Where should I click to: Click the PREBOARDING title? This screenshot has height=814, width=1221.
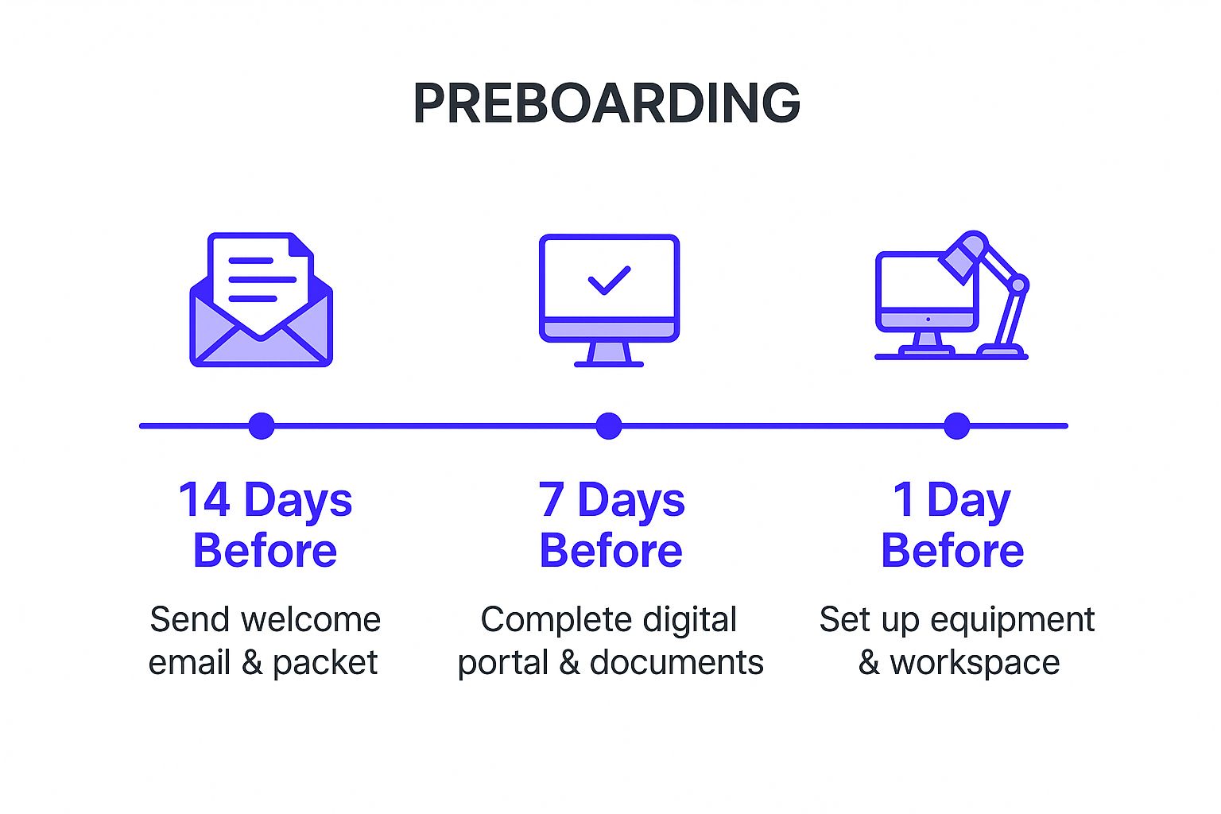click(x=607, y=103)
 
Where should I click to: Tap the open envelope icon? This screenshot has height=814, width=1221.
click(x=261, y=300)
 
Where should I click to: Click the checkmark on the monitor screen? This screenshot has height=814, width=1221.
click(x=610, y=281)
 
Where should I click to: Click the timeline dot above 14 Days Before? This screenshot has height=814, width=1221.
click(x=262, y=426)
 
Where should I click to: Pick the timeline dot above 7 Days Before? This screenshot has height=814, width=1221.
click(x=609, y=426)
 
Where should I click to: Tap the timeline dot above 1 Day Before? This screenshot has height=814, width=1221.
click(x=956, y=426)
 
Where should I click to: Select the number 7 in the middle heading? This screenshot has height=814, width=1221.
click(x=551, y=499)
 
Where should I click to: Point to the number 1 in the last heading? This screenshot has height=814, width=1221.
click(x=905, y=499)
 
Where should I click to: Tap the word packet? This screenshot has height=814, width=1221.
click(x=325, y=663)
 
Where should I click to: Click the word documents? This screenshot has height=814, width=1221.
click(x=676, y=662)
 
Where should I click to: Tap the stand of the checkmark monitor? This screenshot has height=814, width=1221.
click(x=609, y=355)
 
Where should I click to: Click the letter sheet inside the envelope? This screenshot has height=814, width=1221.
click(x=262, y=284)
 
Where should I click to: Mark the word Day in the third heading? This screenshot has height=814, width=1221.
click(x=969, y=501)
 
